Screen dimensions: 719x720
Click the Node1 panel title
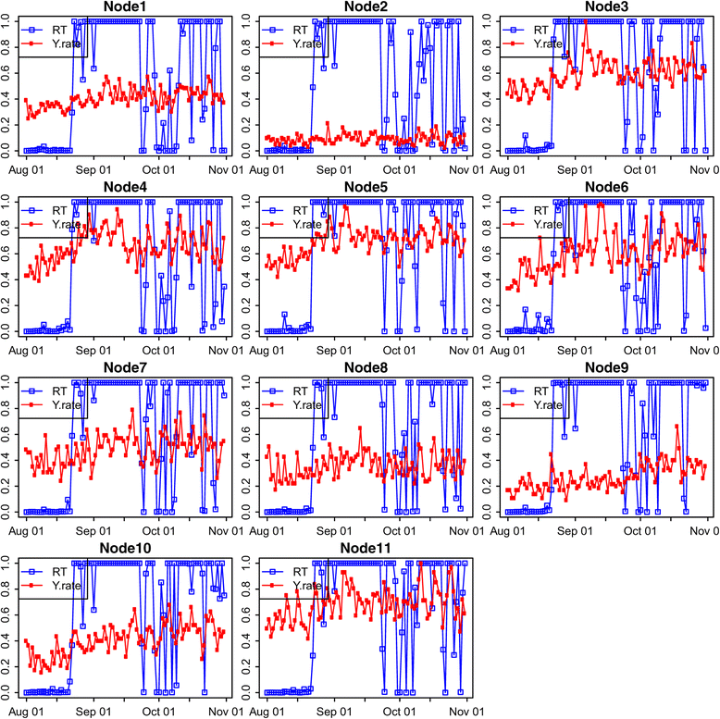pyautogui.click(x=124, y=8)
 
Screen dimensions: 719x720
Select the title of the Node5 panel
pyautogui.click(x=365, y=189)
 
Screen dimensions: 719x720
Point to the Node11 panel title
pyautogui.click(x=365, y=550)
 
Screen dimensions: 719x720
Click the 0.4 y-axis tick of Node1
pyautogui.click(x=7, y=99)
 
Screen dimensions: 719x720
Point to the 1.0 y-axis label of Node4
pyautogui.click(x=7, y=203)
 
